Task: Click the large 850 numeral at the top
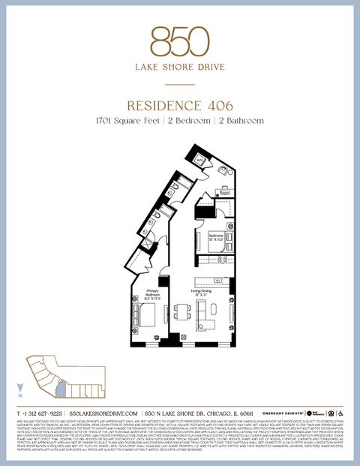point(180,42)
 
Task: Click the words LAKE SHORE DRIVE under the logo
point(180,67)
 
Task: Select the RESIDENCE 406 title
point(180,104)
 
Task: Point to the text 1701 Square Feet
point(127,120)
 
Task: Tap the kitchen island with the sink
point(214,282)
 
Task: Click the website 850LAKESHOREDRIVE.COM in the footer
point(103,413)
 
